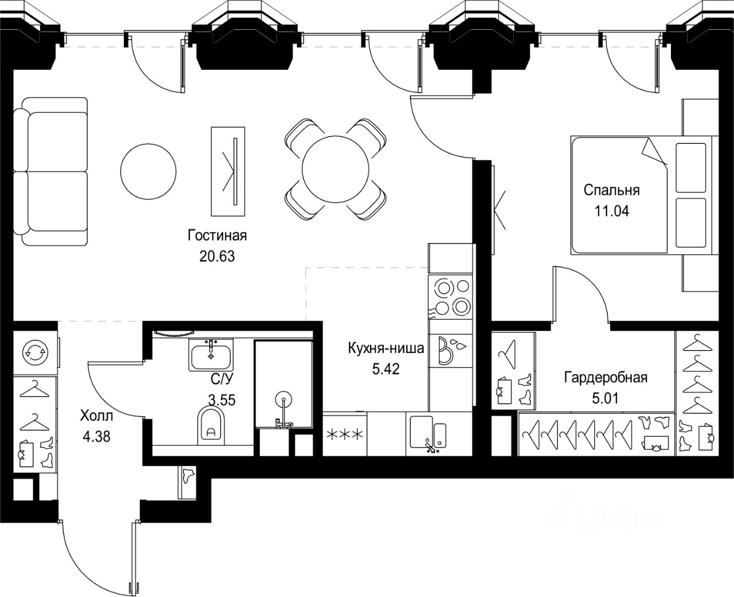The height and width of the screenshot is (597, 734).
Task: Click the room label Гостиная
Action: (x=217, y=235)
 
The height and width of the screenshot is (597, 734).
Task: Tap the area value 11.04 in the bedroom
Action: (x=612, y=211)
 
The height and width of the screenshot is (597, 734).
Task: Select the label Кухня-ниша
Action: (x=386, y=348)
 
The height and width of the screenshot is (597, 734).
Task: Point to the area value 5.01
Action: (x=606, y=398)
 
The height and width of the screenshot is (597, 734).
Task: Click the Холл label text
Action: (x=97, y=415)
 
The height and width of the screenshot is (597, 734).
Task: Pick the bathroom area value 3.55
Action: (x=222, y=400)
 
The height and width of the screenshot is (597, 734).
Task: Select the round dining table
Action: (x=335, y=168)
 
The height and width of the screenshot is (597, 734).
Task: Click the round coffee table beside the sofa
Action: (x=148, y=168)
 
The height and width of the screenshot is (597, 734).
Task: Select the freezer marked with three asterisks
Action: (x=344, y=434)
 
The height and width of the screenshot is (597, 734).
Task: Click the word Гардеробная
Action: (x=606, y=378)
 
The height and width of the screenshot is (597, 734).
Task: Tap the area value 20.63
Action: (x=217, y=256)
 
